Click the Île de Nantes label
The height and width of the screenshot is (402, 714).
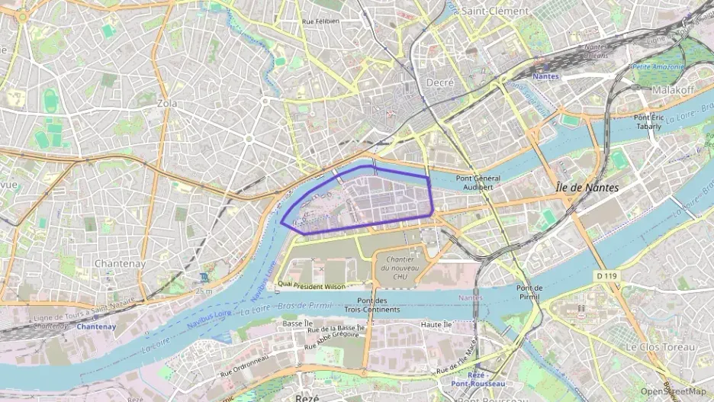click(587, 188)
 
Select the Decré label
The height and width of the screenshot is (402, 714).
click(440, 82)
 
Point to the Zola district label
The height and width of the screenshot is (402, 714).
click(166, 103)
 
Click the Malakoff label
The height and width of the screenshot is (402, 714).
click(672, 90)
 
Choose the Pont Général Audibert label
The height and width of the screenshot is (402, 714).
click(478, 182)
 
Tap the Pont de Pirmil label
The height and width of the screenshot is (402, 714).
click(529, 292)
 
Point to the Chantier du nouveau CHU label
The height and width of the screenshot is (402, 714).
click(396, 269)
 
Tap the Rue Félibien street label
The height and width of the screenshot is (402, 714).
click(320, 22)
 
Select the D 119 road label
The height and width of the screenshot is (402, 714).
click(606, 275)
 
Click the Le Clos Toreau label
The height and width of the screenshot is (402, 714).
click(661, 347)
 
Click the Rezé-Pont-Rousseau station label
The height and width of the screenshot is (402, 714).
click(471, 379)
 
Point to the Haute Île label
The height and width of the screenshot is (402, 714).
click(437, 325)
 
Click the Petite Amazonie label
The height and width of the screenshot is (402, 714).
click(658, 67)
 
